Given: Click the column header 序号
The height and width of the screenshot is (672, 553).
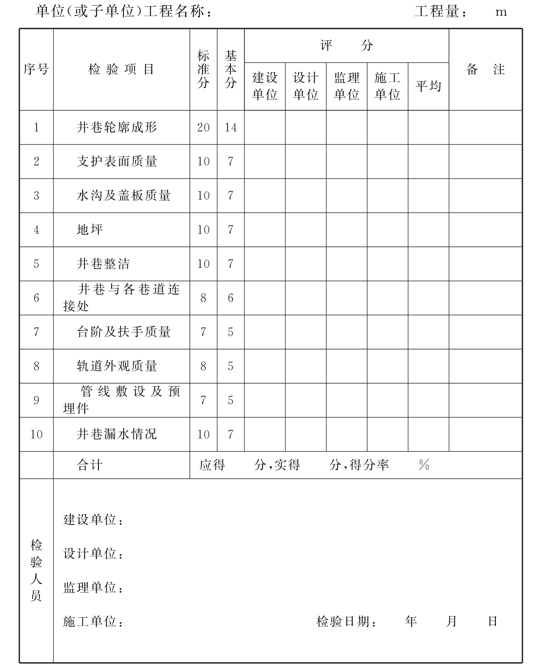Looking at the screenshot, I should tap(36, 69).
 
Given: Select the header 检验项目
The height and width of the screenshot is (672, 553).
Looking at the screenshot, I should tap(121, 69).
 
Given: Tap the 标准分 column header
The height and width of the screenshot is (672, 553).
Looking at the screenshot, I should tap(203, 69).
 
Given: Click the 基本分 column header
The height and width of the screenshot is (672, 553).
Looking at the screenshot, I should tap(230, 69).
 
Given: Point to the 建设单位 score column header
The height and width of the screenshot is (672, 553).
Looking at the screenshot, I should tap(265, 86).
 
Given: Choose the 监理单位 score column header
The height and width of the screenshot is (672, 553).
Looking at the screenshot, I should tap(346, 86).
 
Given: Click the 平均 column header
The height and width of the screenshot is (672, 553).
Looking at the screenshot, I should tap(428, 86).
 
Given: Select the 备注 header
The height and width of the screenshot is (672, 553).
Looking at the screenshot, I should tap(485, 69).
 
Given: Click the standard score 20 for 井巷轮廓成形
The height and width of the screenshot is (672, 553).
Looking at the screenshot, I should tap(203, 128).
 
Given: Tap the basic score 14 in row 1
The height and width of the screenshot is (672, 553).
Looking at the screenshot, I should tap(230, 128).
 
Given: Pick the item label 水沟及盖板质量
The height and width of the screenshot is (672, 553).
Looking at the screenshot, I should tap(123, 195).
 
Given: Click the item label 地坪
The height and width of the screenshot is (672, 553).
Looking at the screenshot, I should tap(89, 230).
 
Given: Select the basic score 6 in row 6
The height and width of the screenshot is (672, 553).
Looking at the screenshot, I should tap(230, 298).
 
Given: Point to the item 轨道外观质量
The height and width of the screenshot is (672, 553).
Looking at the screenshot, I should tap(117, 366).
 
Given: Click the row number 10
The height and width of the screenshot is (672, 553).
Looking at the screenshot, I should tap(36, 434).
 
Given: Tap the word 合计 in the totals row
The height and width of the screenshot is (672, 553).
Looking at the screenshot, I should tap(89, 465).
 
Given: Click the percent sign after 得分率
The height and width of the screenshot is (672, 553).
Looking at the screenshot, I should tap(424, 465).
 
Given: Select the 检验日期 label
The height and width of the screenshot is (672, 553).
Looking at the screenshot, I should tap(346, 621).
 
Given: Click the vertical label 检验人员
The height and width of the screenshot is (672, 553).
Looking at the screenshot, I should tap(36, 570).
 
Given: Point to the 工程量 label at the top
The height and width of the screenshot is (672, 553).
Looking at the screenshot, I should tap(440, 12).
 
